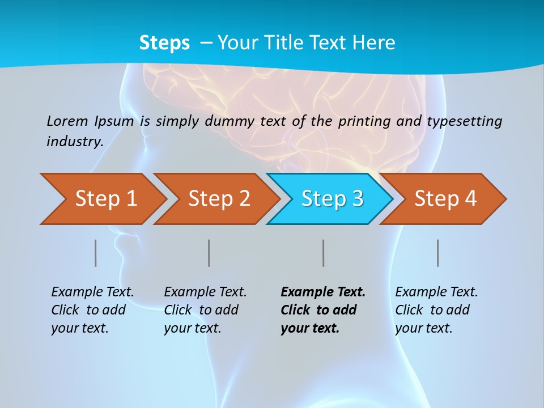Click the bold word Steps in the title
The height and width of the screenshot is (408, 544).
164,42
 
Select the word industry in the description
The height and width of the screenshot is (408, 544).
74,142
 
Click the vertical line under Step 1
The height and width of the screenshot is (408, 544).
96,253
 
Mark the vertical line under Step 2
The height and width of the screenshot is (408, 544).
209,253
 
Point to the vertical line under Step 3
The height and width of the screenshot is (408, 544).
324,253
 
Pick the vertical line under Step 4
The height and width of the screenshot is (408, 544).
438,253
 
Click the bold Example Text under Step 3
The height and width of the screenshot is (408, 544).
323,292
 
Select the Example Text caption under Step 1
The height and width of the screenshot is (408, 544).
92,292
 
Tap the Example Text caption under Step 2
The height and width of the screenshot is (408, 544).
205,292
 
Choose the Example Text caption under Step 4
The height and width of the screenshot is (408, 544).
436,292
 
